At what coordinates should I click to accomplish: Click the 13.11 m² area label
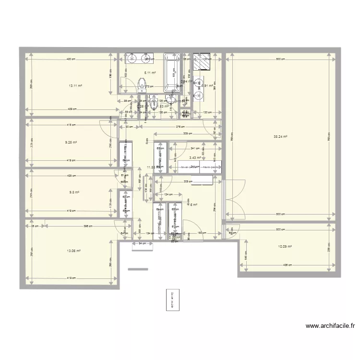pyautogui.click(x=75, y=86)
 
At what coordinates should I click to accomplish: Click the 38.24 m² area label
pyautogui.click(x=280, y=136)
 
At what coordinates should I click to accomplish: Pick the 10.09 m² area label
pyautogui.click(x=285, y=247)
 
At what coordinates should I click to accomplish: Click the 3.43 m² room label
pyautogui.click(x=195, y=157)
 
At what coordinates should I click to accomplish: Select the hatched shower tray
pyautogui.click(x=202, y=63)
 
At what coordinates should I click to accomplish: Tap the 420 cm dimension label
pyautogui.click(x=71, y=59)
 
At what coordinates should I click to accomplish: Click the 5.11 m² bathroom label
pyautogui.click(x=150, y=73)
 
